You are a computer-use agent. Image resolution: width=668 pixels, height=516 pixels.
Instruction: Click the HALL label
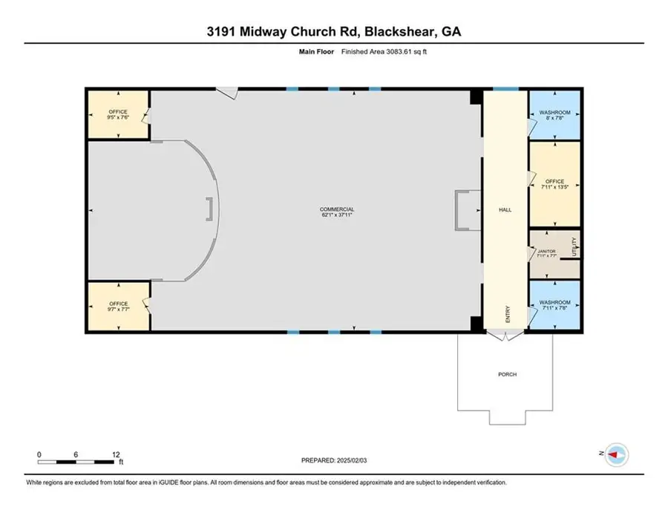(505, 210)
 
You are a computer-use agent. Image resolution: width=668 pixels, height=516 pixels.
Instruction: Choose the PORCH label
(508, 374)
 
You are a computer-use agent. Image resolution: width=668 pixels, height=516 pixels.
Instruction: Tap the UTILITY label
(574, 246)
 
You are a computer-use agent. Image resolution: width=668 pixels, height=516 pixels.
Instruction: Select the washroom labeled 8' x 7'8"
(554, 114)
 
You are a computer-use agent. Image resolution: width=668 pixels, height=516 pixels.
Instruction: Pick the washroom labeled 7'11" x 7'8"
(554, 305)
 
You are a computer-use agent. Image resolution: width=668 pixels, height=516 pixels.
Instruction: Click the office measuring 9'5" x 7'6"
(119, 114)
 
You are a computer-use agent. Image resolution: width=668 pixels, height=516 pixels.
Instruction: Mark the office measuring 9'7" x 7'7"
(119, 306)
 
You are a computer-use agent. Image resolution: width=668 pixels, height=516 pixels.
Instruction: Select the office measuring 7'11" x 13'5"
(554, 184)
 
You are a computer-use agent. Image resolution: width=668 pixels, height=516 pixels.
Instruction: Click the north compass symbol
(615, 454)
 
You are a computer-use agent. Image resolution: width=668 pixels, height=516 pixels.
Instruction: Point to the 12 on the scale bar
(114, 454)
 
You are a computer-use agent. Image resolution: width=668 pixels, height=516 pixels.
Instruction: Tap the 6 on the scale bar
(76, 454)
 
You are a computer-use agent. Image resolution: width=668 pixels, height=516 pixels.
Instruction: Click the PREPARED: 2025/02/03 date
(334, 460)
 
